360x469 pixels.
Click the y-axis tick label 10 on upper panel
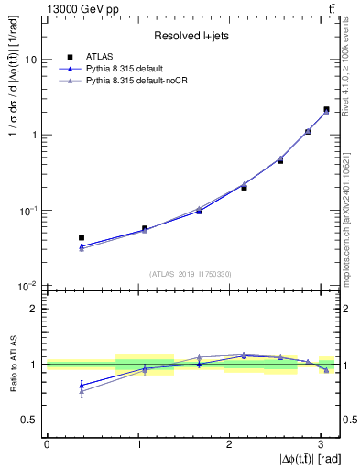(x=31, y=60)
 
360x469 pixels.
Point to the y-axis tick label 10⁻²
(x=29, y=286)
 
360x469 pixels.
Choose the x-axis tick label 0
(x=47, y=443)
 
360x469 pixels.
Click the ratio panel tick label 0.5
(x=31, y=420)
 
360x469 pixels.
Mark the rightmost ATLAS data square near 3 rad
(x=326, y=109)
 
